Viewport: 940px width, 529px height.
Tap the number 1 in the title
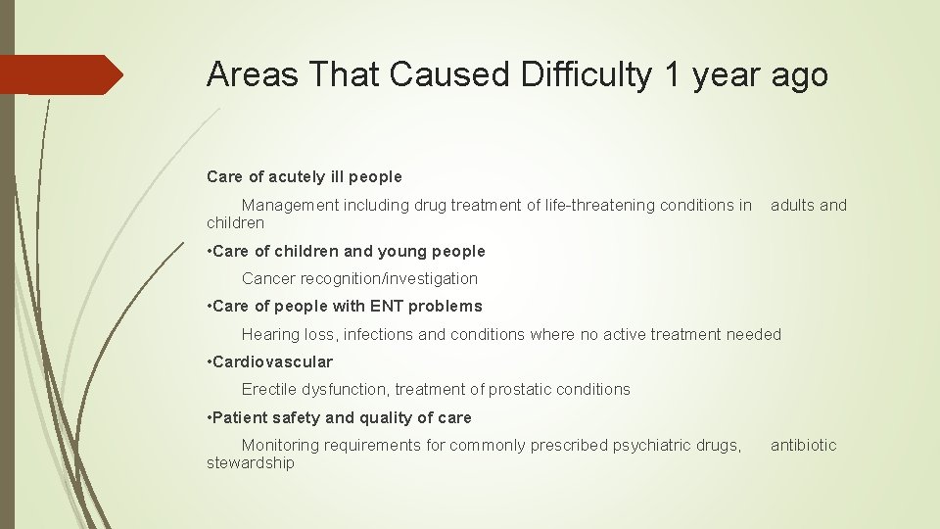click(672, 74)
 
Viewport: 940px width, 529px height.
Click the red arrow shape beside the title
click(61, 74)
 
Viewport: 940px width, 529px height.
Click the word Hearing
click(271, 335)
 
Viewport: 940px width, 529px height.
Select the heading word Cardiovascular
click(272, 361)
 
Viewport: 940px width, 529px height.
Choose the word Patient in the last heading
click(240, 417)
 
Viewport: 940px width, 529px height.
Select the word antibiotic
click(803, 446)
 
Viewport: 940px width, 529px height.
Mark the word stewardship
click(250, 462)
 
